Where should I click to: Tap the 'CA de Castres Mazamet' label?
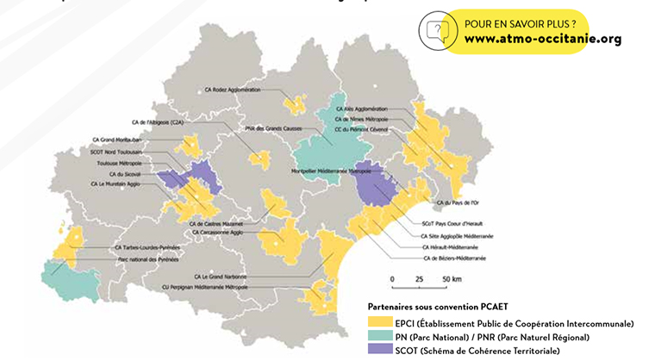(x=219, y=222)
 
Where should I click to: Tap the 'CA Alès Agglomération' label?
(x=361, y=109)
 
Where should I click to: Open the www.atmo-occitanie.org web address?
(x=542, y=39)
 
